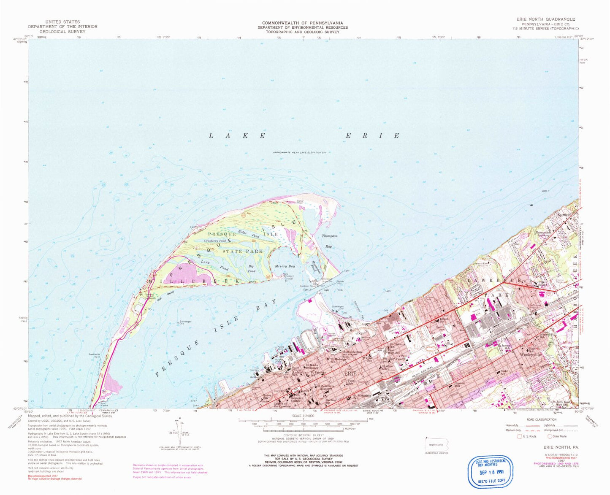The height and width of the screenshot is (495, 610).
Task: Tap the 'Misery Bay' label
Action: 285,266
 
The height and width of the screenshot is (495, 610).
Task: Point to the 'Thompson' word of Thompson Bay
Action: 329,236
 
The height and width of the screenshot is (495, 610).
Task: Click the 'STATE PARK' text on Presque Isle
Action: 242,251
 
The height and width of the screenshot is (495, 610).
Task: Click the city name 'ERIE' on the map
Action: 350,373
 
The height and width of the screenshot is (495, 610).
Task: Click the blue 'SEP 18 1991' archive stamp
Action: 490,472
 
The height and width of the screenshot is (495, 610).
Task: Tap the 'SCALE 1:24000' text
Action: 303,416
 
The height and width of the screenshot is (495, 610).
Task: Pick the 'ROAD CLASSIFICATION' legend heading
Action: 542,419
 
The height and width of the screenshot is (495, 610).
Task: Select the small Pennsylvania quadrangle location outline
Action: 437,445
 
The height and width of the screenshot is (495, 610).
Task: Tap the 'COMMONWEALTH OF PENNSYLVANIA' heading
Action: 302,23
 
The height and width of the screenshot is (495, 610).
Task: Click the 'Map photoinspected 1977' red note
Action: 43,476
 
